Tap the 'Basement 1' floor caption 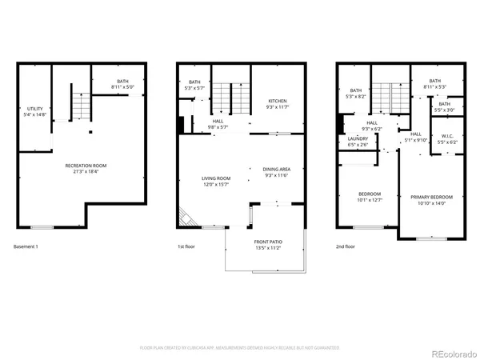tap(26, 246)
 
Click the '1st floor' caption tap(186, 246)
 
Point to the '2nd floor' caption tap(346, 246)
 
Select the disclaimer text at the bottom tap(239, 348)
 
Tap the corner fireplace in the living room tap(186, 218)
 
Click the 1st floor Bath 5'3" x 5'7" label tap(194, 85)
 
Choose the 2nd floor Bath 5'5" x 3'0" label tap(443, 106)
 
